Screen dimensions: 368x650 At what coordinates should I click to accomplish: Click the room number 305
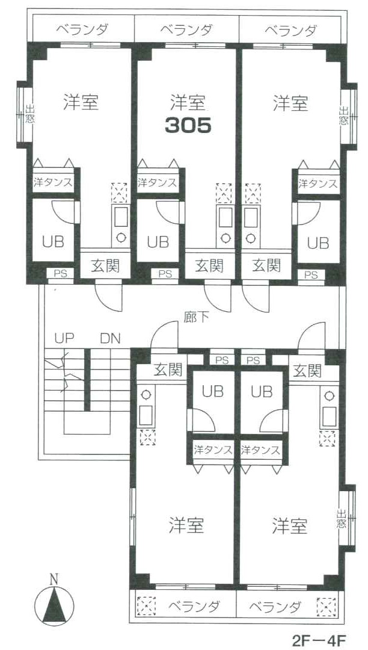pos(188,125)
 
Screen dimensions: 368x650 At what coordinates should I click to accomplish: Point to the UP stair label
pos(64,339)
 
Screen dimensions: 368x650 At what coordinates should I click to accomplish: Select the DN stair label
pos(110,339)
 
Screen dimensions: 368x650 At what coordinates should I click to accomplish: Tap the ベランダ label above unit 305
pos(186,30)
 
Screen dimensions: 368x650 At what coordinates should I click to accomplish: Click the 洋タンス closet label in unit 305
pos(158,182)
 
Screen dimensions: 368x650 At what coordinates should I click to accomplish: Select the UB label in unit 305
pos(158,242)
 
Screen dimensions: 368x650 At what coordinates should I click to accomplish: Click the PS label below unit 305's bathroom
pos(165,274)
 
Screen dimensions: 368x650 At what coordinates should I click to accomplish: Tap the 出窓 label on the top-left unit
pos(30,114)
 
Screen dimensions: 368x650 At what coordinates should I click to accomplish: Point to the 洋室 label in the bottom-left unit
pos(186,525)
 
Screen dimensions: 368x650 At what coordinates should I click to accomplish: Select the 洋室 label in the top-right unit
pos(290,104)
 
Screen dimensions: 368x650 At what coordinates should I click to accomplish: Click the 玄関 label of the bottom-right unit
pos(307,371)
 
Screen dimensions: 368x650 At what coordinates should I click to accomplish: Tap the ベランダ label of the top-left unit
pos(82,30)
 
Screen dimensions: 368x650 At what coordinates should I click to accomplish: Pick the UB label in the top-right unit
pos(318,243)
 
